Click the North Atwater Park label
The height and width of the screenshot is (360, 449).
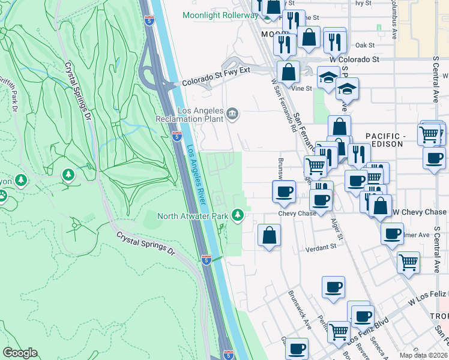tap(193, 215)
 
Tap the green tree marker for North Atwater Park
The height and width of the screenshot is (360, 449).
tap(238, 214)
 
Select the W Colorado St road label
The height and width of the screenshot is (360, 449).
tap(354, 60)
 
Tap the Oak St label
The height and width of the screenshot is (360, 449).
tap(364, 45)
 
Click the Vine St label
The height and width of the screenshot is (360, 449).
tap(301, 88)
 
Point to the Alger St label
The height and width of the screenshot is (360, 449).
tap(336, 228)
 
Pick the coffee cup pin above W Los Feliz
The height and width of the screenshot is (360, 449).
tap(333, 286)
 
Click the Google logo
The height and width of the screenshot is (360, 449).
tap(21, 353)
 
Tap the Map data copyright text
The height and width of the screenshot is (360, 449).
tap(423, 355)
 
